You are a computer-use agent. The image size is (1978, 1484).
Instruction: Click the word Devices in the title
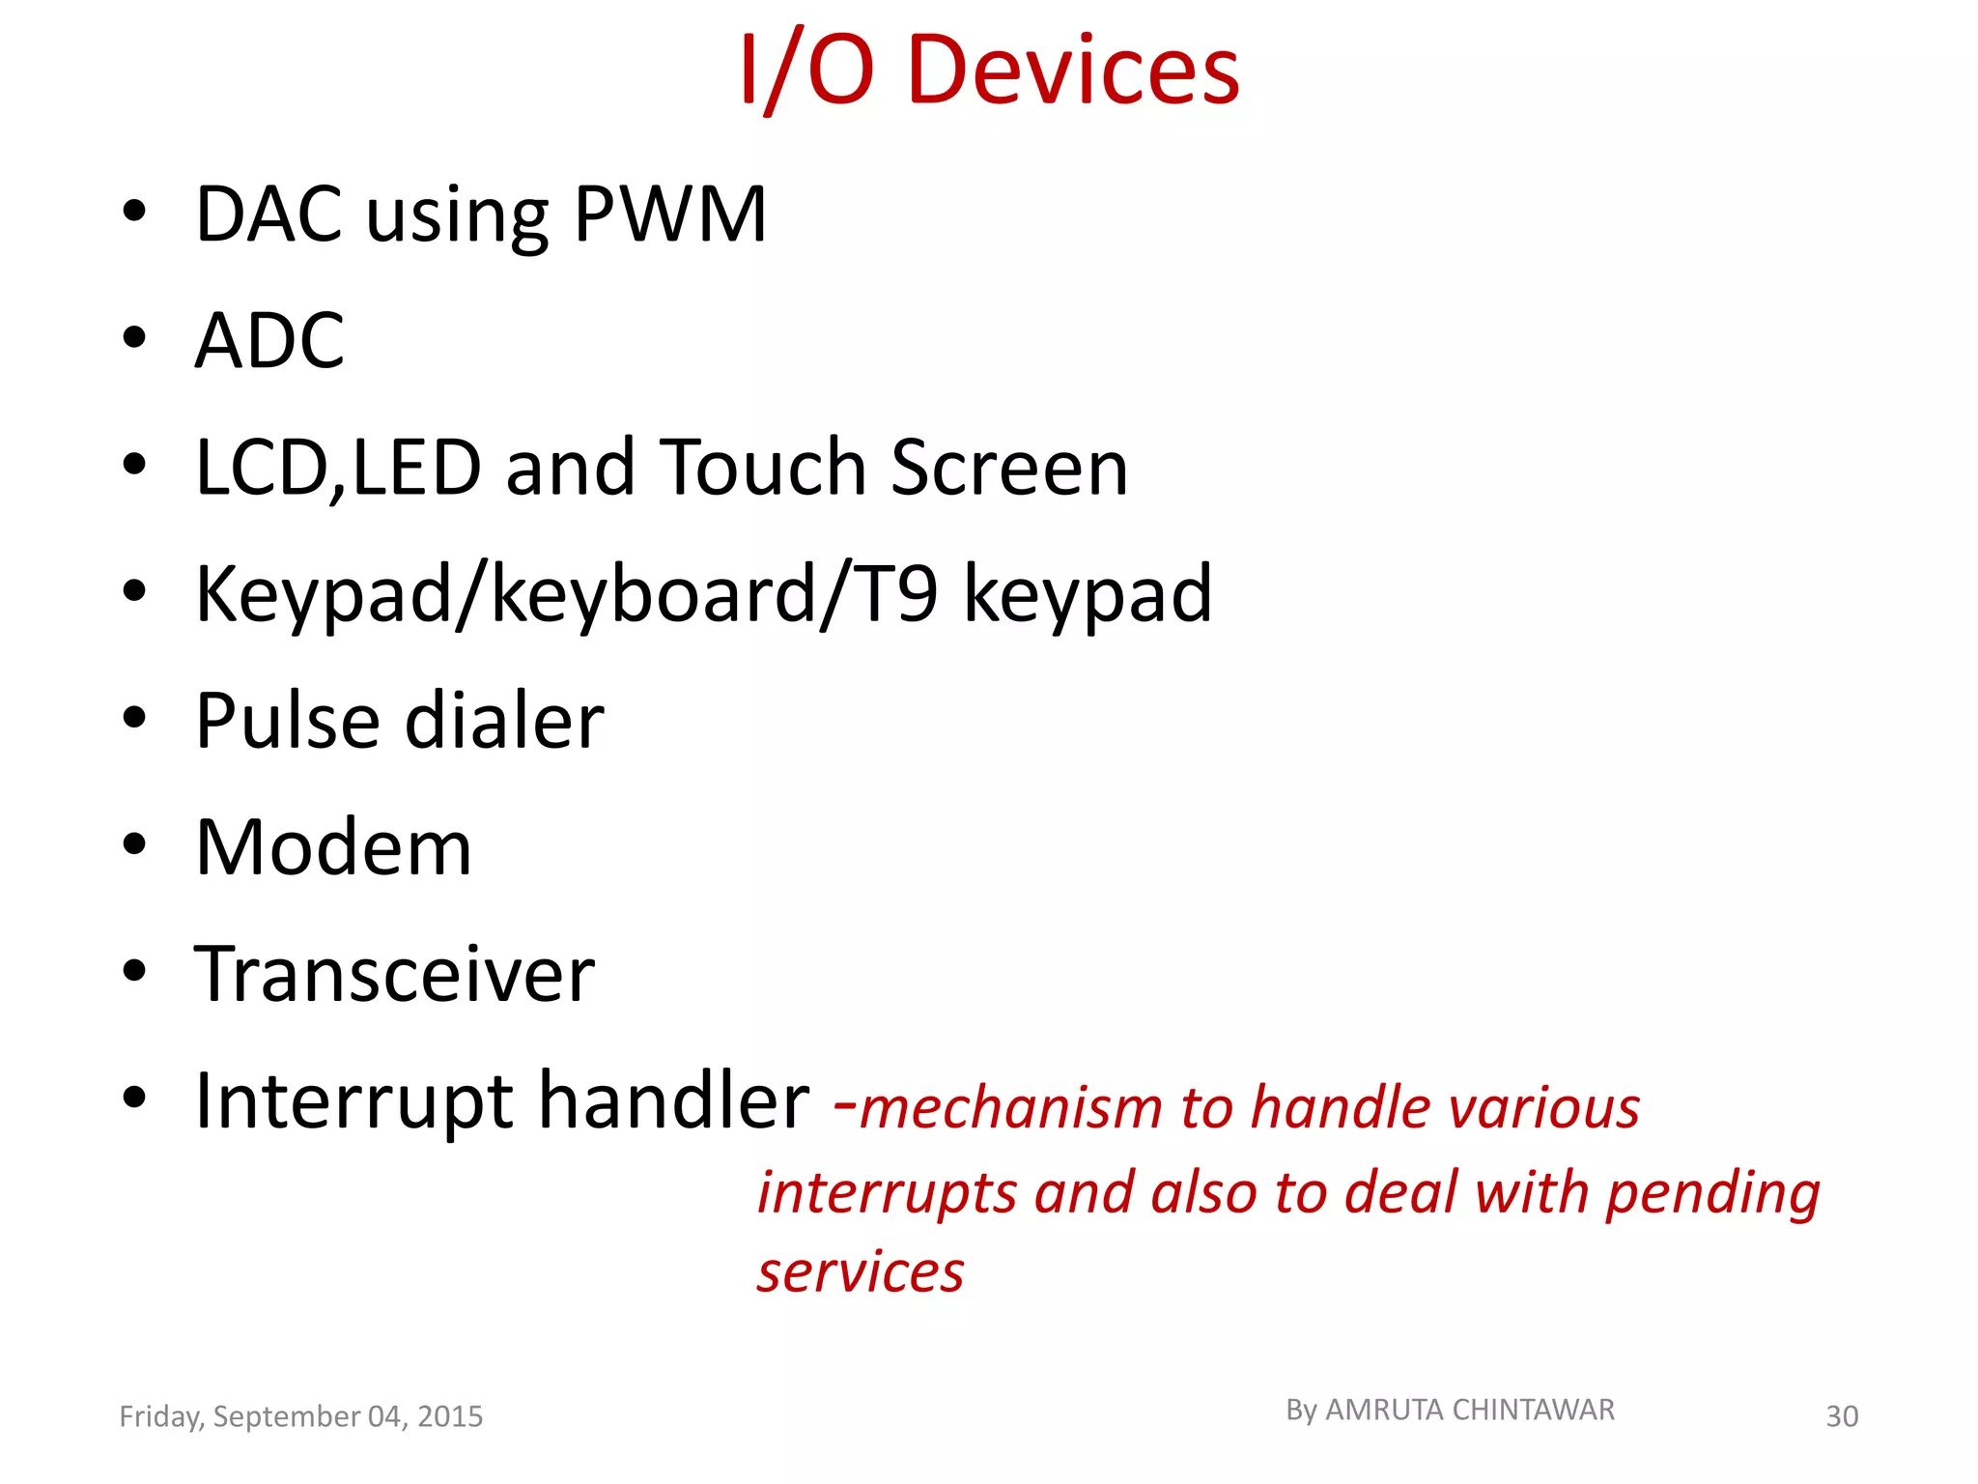[x=1073, y=70]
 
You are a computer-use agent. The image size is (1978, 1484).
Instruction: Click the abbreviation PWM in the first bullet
[x=669, y=214]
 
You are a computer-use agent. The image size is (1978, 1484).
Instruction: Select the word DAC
[x=268, y=214]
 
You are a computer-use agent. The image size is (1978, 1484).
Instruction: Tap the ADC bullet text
[x=269, y=340]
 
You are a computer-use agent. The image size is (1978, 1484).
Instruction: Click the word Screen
[x=1008, y=468]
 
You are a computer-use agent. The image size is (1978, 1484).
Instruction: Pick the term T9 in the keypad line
[x=897, y=593]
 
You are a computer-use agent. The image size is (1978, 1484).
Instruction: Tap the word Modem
[x=333, y=847]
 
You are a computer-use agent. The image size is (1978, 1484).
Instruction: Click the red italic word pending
[x=1712, y=1194]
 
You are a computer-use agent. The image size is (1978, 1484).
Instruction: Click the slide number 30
[x=1842, y=1416]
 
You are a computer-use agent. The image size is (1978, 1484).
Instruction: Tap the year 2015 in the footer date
[x=450, y=1416]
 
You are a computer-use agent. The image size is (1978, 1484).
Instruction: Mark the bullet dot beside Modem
[x=134, y=844]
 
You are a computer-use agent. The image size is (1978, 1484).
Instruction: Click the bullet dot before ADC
[x=134, y=338]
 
